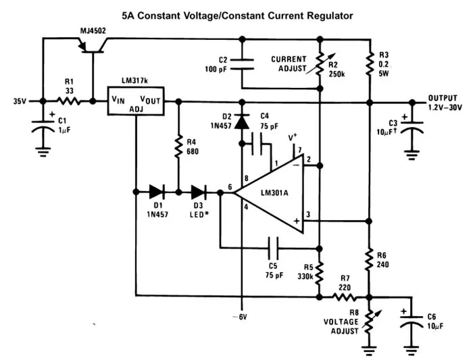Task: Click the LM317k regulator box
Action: click(x=136, y=101)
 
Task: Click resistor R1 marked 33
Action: click(x=69, y=101)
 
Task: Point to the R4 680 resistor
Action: click(x=178, y=147)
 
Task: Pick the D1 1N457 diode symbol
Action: click(x=157, y=192)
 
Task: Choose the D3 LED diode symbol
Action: click(x=199, y=192)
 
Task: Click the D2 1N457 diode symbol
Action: click(x=242, y=122)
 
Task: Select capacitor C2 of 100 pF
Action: click(x=242, y=64)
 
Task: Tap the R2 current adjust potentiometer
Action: click(x=321, y=64)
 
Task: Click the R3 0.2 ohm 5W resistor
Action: click(x=370, y=65)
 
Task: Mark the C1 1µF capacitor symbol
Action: click(x=43, y=126)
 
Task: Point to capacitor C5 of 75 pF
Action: click(x=273, y=248)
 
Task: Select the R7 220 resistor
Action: click(x=345, y=298)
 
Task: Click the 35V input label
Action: click(x=20, y=101)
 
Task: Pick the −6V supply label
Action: click(x=240, y=317)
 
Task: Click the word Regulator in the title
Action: click(x=330, y=16)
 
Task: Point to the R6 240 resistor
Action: click(x=369, y=261)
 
